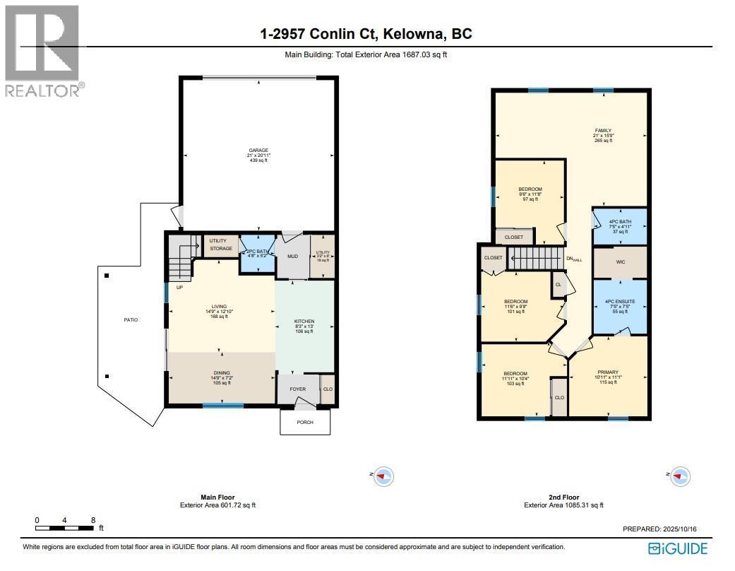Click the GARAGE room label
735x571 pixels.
click(258, 151)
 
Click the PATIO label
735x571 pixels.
click(131, 320)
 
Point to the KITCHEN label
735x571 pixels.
click(304, 322)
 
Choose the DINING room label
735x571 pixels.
click(222, 373)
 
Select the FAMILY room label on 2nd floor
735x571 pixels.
click(602, 131)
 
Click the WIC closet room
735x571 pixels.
click(620, 262)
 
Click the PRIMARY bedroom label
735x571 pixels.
click(607, 372)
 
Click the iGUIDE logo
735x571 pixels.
click(677, 548)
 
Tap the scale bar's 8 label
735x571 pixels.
click(92, 519)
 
